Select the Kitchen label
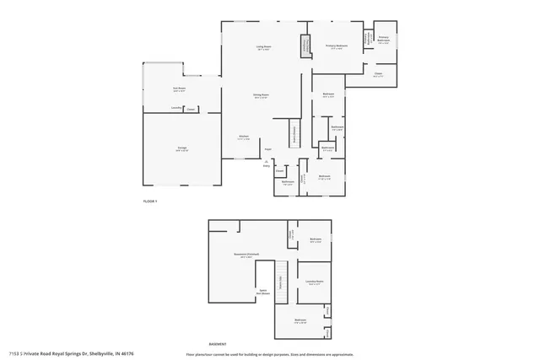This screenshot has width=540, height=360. pos(243,137)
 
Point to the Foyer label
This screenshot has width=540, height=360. pos(267,149)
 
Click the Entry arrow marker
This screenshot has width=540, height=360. pos(267,163)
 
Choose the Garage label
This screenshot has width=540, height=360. pos(181,148)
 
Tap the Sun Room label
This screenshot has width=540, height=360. pos(178,89)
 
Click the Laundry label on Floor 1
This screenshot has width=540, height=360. pos(175,108)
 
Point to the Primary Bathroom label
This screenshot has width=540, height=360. pos(384,38)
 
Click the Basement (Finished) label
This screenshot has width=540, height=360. pos(246,254)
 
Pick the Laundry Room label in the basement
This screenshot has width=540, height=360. pos(315,282)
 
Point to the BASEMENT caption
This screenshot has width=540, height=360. pos(218,344)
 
